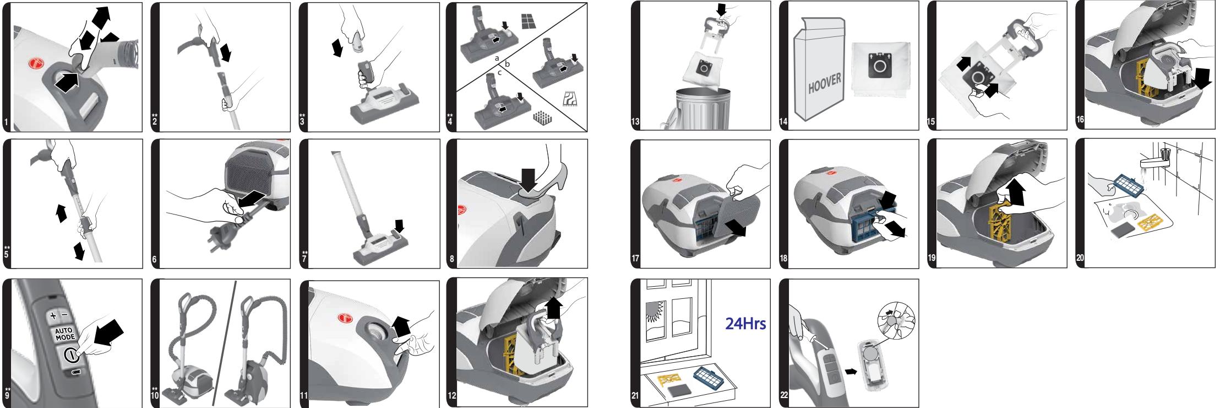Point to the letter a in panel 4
pos(497,57)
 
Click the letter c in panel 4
pos(499,72)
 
